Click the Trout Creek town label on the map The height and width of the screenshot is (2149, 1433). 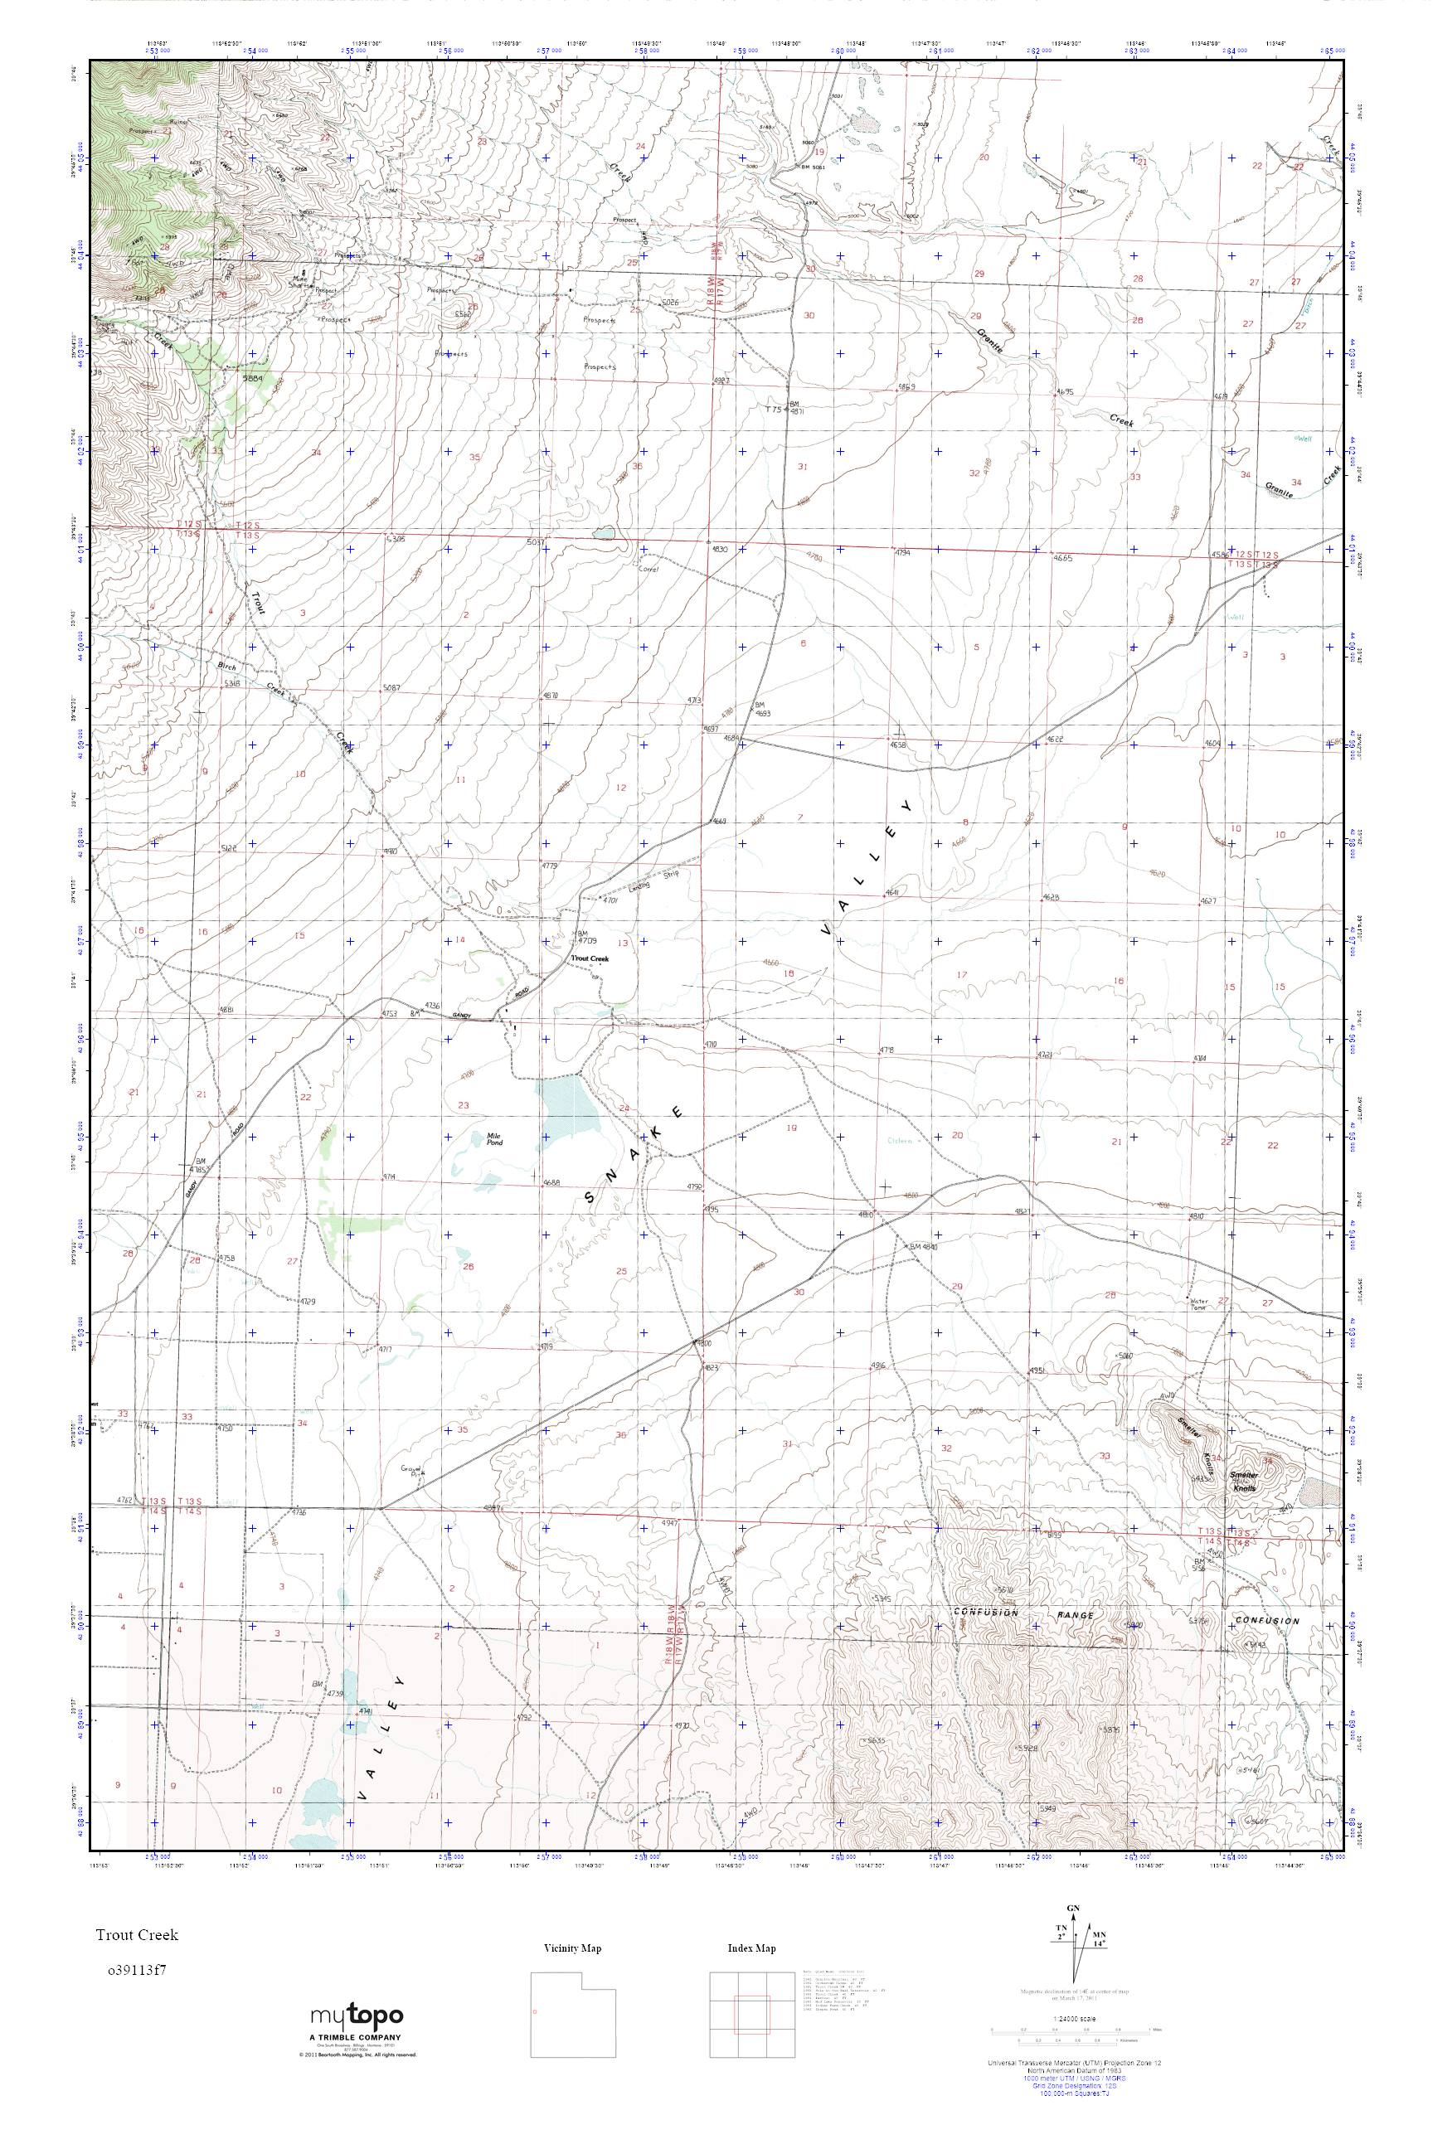pyautogui.click(x=590, y=959)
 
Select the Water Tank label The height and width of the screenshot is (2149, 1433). pyautogui.click(x=1198, y=1304)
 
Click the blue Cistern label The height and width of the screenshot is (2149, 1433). pyautogui.click(x=901, y=1139)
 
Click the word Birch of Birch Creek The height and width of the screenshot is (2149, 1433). pyautogui.click(x=226, y=666)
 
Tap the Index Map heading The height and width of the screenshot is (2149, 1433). pyautogui.click(x=751, y=1948)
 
